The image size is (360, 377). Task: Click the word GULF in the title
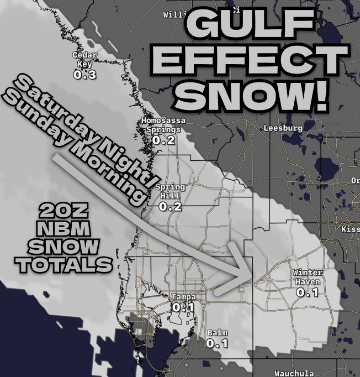[249, 23]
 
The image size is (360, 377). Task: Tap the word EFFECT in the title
[249, 59]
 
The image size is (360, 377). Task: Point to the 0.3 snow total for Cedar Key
[84, 75]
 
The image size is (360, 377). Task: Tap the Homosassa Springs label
[163, 125]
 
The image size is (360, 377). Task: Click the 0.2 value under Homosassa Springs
[163, 140]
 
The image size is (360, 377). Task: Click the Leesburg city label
[283, 128]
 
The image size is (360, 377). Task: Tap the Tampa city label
[183, 297]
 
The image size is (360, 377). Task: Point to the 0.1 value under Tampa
[183, 307]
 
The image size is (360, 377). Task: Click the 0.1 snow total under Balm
[217, 343]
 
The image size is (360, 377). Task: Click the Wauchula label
[294, 373]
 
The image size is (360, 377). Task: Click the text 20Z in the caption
[61, 211]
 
